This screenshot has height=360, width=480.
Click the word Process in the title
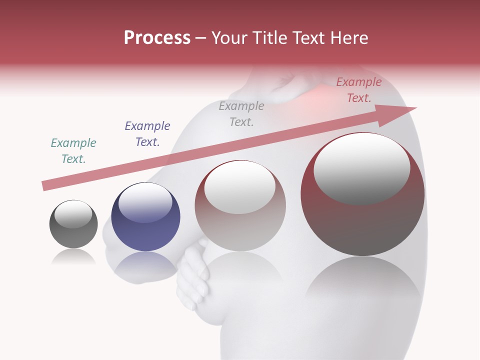157,38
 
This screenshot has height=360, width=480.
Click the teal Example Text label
73,151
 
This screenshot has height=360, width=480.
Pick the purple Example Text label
147,134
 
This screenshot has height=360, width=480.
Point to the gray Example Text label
241,114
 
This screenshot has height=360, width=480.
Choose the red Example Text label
359,90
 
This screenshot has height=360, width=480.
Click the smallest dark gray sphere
73,235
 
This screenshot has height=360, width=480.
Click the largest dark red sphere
362,225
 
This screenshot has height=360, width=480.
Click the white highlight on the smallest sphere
73,213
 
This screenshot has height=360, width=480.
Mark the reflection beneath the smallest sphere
73,257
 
